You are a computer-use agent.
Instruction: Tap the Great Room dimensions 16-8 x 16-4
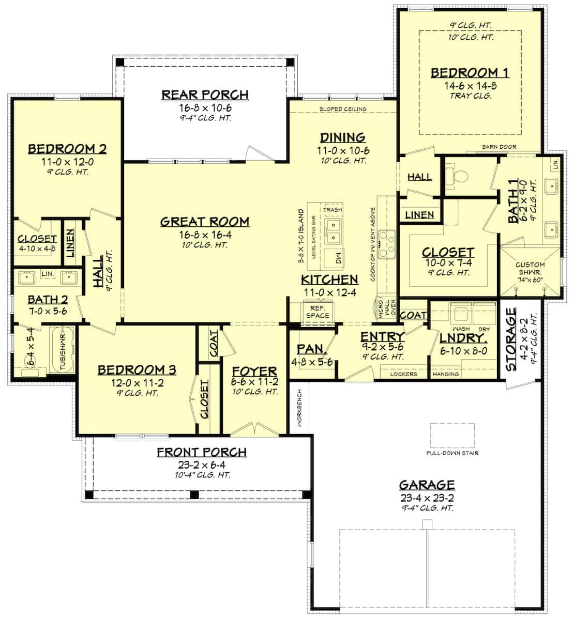[x=204, y=234]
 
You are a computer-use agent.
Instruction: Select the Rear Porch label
[x=205, y=95]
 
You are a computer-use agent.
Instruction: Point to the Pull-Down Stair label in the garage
[x=453, y=453]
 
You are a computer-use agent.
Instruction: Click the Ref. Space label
[x=317, y=312]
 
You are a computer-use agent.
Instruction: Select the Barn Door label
[x=499, y=147]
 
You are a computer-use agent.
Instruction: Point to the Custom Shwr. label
[x=530, y=269]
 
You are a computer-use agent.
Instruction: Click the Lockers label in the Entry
[x=404, y=374]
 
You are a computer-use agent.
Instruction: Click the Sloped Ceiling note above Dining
[x=342, y=109]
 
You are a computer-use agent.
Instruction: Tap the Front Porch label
[x=202, y=453]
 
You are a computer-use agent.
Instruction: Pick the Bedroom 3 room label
[x=137, y=370]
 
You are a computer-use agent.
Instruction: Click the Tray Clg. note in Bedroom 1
[x=470, y=96]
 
